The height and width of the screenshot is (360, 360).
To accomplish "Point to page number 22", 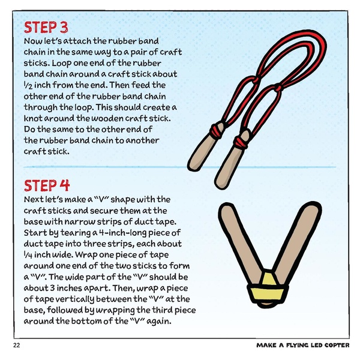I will point(16,346).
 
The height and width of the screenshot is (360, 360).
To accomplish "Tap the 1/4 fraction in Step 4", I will point(27,254).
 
